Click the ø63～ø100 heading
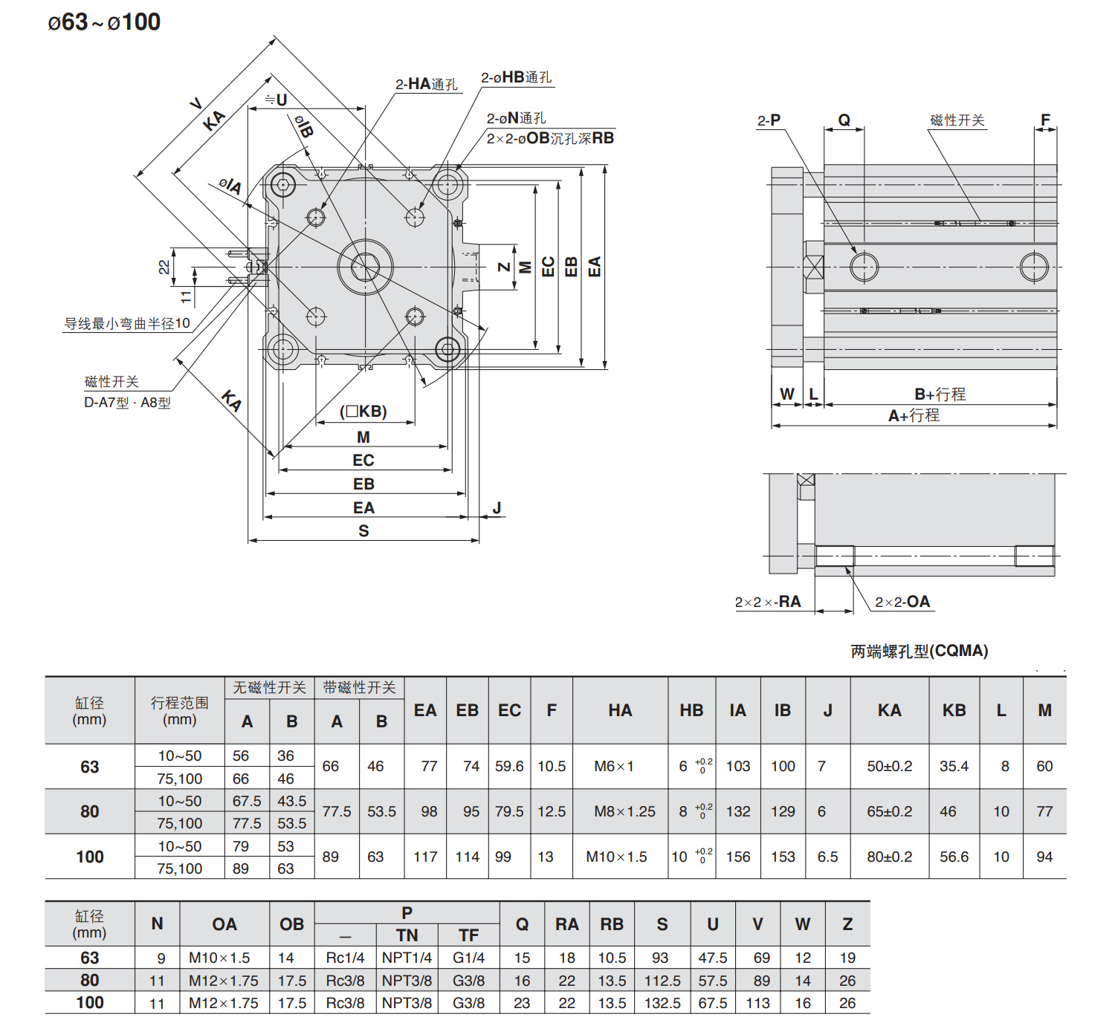click(x=104, y=22)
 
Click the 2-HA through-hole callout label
click(x=427, y=84)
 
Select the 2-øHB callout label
click(x=516, y=77)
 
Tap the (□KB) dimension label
click(x=363, y=412)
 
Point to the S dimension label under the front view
click(x=363, y=531)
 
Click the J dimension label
click(x=497, y=508)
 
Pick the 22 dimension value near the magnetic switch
click(x=164, y=267)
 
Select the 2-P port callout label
click(x=769, y=120)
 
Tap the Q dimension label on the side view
click(x=844, y=120)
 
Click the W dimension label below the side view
click(x=787, y=394)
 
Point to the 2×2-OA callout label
click(x=902, y=602)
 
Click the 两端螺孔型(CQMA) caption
click(x=920, y=652)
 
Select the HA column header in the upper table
click(x=620, y=711)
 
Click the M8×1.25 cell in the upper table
click(x=624, y=812)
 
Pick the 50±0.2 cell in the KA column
click(x=889, y=767)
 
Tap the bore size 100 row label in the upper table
click(x=90, y=857)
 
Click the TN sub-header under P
click(x=407, y=935)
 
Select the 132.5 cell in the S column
click(x=662, y=1003)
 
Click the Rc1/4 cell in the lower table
click(x=345, y=958)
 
